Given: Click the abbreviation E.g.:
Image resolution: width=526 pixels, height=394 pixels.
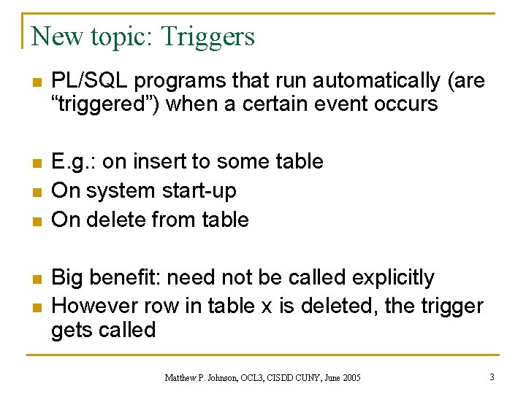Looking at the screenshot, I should (x=74, y=161).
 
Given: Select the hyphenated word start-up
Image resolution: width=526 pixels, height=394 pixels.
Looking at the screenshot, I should (x=198, y=190).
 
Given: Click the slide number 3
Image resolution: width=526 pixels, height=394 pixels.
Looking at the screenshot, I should (x=492, y=376).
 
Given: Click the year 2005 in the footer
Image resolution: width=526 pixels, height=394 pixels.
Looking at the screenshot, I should (x=348, y=377).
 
